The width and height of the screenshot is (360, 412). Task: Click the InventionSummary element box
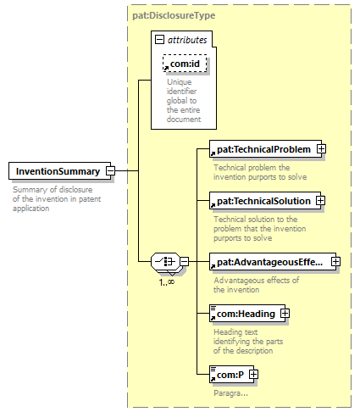(59, 170)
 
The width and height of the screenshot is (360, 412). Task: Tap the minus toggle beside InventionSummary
(110, 170)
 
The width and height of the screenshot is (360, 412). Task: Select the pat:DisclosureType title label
(174, 15)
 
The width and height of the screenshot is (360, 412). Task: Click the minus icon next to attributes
(159, 39)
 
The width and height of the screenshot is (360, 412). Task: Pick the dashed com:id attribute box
(185, 64)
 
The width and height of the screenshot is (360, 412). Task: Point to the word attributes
(187, 40)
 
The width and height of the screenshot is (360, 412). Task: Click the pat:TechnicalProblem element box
(265, 149)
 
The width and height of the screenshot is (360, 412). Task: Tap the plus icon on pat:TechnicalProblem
(321, 148)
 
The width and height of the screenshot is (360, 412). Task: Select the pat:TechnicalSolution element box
(265, 201)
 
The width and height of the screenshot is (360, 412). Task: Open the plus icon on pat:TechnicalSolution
(320, 200)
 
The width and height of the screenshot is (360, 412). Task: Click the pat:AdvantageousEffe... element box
(273, 262)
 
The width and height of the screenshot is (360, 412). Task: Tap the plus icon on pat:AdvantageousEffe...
(335, 261)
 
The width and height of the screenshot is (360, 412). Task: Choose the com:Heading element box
(247, 314)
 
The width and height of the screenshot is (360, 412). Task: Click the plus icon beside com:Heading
(285, 313)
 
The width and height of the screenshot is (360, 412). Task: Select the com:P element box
(231, 375)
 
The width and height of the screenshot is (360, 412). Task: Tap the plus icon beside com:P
(253, 374)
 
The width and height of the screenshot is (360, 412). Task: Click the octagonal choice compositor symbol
(165, 261)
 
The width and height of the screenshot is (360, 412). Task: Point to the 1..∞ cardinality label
(167, 282)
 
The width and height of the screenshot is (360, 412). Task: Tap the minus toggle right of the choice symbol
(184, 261)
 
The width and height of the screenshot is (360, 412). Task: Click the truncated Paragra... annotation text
(230, 393)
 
